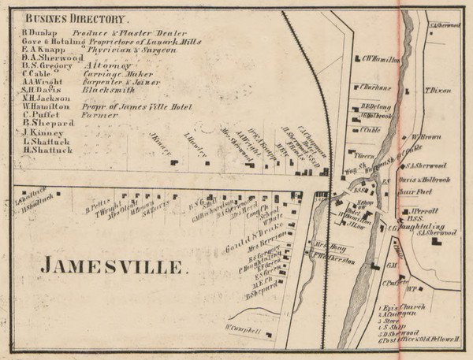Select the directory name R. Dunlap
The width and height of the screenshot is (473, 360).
pos(41,31)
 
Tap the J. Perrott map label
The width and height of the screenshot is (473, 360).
pos(425,211)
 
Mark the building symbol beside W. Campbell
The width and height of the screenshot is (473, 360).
pos(268,336)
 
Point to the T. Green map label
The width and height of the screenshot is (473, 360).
pos(363,155)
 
